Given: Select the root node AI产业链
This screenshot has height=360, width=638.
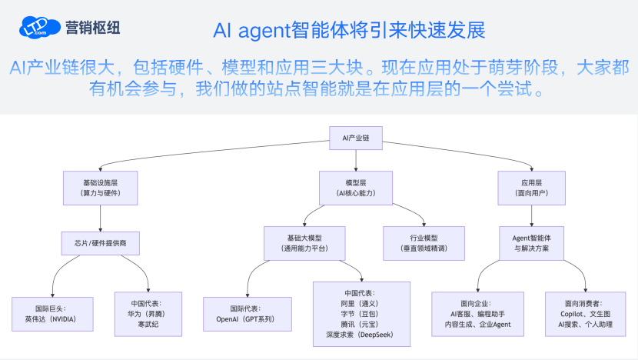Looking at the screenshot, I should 356,138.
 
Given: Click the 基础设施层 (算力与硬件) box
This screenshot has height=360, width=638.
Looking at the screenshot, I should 100,188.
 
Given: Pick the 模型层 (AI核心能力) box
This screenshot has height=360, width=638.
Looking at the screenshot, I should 356,188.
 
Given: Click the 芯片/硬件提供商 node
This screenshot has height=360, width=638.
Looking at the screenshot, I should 100,243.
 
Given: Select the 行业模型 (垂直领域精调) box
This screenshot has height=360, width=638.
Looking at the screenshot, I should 424,243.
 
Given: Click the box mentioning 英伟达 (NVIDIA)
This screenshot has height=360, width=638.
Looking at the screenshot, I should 52,313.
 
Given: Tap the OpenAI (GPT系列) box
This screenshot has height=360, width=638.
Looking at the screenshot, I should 247,313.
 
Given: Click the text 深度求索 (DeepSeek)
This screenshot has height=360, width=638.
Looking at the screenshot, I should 361,335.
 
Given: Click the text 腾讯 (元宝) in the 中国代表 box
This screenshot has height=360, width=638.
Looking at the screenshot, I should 361,324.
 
